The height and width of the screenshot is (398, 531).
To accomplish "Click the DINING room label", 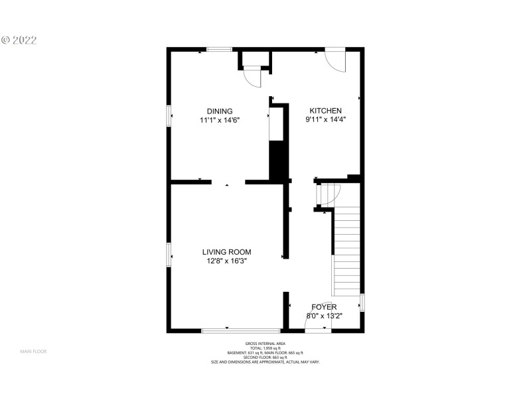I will point(219,111).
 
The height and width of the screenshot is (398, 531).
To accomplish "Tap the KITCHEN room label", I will point(323,111).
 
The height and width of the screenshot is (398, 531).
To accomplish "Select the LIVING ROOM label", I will point(226,252).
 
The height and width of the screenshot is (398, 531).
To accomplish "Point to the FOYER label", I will point(325,307).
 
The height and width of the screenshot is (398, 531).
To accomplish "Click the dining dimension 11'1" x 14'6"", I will point(219,120).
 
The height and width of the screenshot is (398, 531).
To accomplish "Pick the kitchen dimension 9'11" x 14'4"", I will point(325,120).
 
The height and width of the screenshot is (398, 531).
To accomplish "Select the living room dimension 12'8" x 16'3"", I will point(226,261).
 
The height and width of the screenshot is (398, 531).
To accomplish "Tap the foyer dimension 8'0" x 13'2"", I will point(325,316).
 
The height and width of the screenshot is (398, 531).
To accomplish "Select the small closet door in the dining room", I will point(253,78).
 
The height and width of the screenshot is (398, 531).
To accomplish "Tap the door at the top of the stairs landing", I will point(329,195).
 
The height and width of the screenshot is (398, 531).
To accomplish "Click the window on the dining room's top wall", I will point(219,49).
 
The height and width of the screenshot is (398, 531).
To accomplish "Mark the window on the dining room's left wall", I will point(169,115).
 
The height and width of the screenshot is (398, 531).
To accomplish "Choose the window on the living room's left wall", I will point(169,255).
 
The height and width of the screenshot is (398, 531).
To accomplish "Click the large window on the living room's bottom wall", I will point(241,330).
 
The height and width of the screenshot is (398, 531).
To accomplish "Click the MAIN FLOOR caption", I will point(33,351).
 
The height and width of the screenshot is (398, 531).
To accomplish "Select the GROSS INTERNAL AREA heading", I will point(265,343).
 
